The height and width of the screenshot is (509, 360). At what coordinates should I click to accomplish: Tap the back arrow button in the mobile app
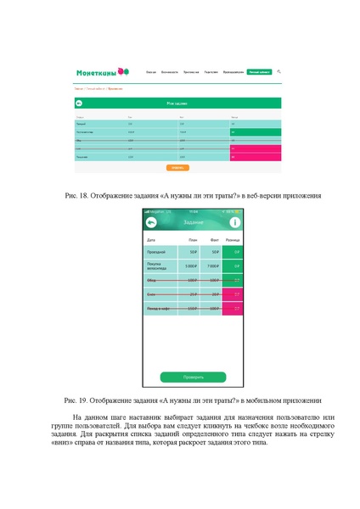pyautogui.click(x=151, y=222)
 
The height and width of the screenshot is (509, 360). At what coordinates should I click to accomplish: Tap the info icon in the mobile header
pyautogui.click(x=235, y=222)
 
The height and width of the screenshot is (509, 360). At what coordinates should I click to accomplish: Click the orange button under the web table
pyautogui.click(x=177, y=167)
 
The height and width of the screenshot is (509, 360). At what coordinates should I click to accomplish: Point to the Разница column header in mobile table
pyautogui.click(x=232, y=240)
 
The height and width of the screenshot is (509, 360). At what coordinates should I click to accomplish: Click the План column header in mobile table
pyautogui.click(x=194, y=240)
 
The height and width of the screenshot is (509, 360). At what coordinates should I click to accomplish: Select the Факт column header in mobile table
pyautogui.click(x=214, y=240)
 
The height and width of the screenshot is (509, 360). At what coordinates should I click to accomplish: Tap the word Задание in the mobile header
pyautogui.click(x=193, y=222)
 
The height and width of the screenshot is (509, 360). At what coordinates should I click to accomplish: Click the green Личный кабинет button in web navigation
pyautogui.click(x=259, y=73)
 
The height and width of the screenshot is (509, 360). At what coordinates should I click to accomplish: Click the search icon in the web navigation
pyautogui.click(x=279, y=72)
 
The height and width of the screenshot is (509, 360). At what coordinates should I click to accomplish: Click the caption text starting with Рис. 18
pyautogui.click(x=180, y=196)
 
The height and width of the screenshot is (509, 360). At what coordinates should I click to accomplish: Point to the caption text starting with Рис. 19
pyautogui.click(x=180, y=399)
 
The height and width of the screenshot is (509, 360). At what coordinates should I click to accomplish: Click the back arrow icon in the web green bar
pyautogui.click(x=79, y=103)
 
